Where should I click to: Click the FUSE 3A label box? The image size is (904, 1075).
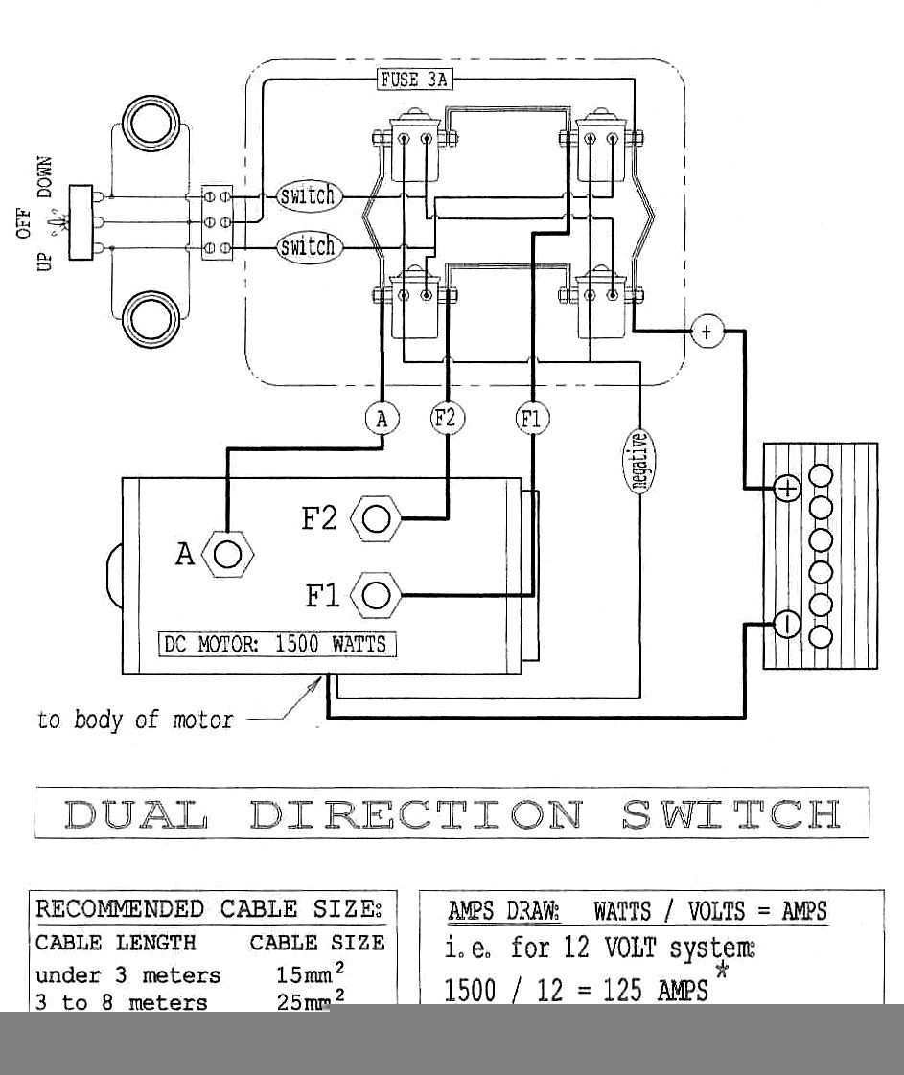pyautogui.click(x=413, y=80)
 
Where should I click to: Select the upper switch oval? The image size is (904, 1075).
pyautogui.click(x=308, y=196)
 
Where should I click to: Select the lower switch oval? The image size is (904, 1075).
pyautogui.click(x=308, y=247)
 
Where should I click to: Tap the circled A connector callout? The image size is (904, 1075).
pyautogui.click(x=382, y=418)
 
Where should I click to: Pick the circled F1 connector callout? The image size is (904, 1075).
pyautogui.click(x=532, y=418)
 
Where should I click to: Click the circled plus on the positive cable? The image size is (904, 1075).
pyautogui.click(x=707, y=332)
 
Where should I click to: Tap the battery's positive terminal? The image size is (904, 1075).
pyautogui.click(x=787, y=489)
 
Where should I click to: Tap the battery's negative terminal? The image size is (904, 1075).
pyautogui.click(x=787, y=625)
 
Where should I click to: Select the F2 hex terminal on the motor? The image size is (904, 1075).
pyautogui.click(x=377, y=519)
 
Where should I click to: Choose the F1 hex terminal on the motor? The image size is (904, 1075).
pyautogui.click(x=377, y=596)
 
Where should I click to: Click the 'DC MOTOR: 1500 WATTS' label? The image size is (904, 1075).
pyautogui.click(x=277, y=644)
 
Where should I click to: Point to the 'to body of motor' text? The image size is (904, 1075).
pyautogui.click(x=135, y=720)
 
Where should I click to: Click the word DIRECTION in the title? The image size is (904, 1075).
pyautogui.click(x=415, y=813)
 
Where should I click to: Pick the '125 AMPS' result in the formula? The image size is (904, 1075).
pyautogui.click(x=656, y=991)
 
